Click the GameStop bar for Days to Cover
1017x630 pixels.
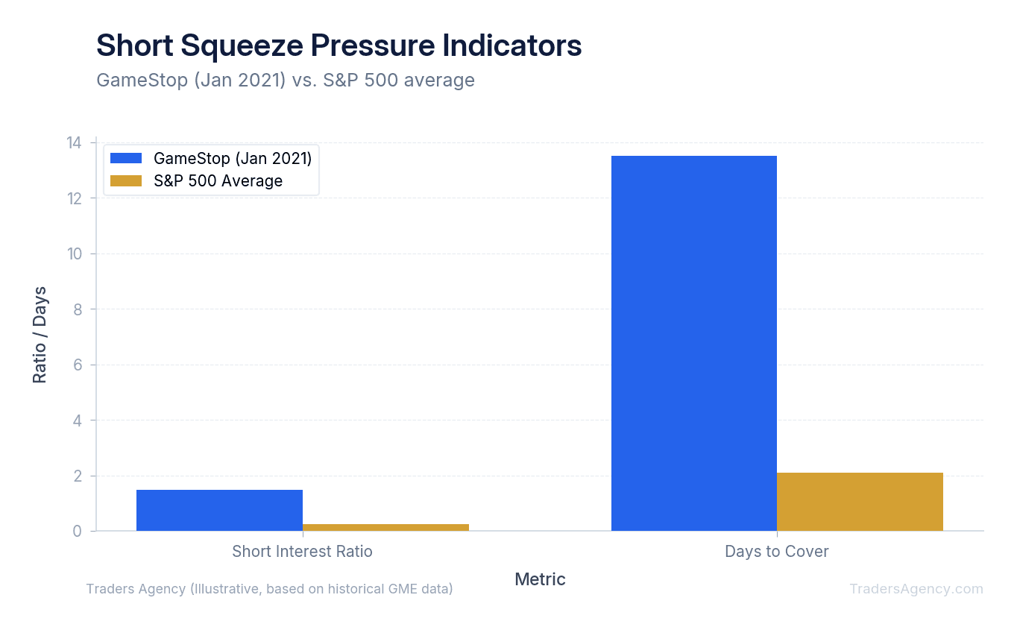point(693,343)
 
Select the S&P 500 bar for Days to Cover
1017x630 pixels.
point(860,502)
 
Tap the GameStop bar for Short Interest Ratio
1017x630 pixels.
point(219,510)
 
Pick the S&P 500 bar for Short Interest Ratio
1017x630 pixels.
point(385,527)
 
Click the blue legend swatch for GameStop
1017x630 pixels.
point(125,158)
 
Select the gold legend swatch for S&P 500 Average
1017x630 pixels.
point(125,181)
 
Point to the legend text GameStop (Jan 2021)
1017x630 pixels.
point(233,158)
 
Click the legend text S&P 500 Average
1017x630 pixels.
point(218,181)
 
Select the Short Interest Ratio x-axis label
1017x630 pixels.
point(302,552)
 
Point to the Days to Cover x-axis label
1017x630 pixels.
point(776,552)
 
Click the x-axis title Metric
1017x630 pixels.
point(540,579)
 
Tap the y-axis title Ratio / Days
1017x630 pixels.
point(40,335)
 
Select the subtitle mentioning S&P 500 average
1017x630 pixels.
point(286,80)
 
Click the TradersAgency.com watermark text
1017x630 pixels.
point(916,589)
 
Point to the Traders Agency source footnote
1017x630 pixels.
point(269,589)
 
